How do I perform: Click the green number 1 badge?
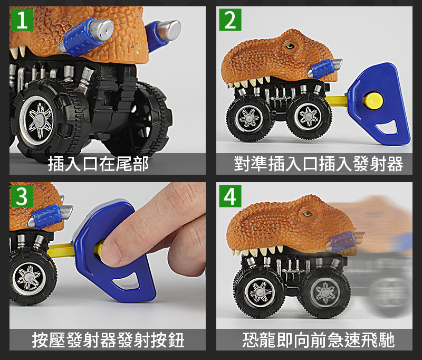(x=22, y=20)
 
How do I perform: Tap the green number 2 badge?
(x=230, y=20)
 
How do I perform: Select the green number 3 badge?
(x=22, y=196)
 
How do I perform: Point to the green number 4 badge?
(x=230, y=196)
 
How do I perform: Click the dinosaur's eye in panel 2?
(x=290, y=46)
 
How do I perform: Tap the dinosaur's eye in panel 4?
(x=307, y=214)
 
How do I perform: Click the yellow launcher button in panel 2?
(x=373, y=100)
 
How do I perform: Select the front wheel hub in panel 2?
(x=249, y=118)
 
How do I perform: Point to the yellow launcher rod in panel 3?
(x=61, y=249)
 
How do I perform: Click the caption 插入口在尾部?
(x=98, y=164)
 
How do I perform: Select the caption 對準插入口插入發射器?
(x=318, y=164)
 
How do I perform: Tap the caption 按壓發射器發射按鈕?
(x=108, y=340)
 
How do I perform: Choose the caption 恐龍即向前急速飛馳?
(x=319, y=340)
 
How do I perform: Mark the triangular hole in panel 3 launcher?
(x=125, y=282)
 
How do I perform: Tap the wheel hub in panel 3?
(x=29, y=278)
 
